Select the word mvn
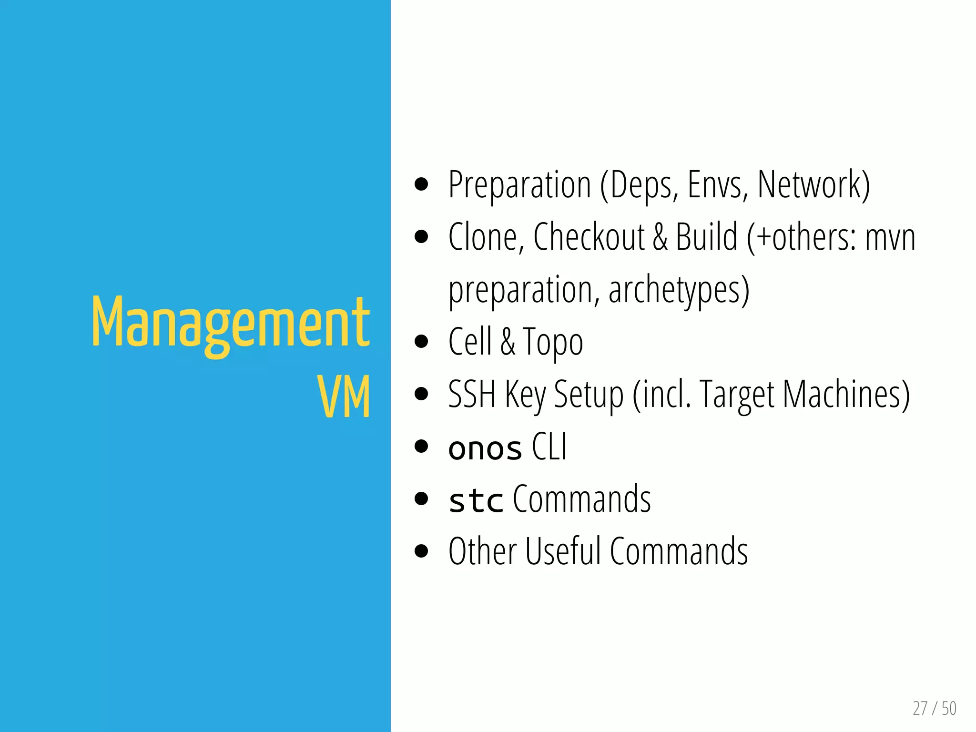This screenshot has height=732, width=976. [x=890, y=238]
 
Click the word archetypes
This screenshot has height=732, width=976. [x=679, y=290]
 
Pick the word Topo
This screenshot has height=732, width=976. [x=553, y=342]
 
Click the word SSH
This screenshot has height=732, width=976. [x=471, y=394]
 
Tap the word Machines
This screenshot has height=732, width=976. [x=846, y=394]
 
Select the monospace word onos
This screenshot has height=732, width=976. [x=485, y=448]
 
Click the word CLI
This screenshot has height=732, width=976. [x=549, y=447]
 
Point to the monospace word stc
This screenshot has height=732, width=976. [x=476, y=500]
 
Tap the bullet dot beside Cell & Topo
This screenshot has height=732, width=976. [x=421, y=341]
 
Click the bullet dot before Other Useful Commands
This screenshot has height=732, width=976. [x=421, y=551]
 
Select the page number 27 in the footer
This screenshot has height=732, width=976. [x=920, y=709]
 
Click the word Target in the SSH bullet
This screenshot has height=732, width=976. [x=737, y=395]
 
